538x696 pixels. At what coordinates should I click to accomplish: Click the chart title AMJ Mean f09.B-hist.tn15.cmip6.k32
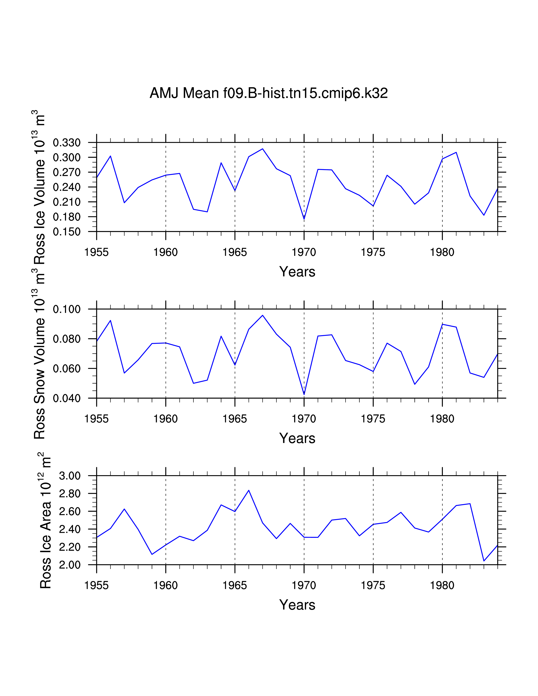[x=269, y=93]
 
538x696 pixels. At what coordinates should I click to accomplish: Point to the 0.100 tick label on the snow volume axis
[x=67, y=309]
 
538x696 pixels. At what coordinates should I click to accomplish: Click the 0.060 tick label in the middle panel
[x=67, y=369]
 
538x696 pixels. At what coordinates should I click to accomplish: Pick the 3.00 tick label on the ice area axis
[x=70, y=476]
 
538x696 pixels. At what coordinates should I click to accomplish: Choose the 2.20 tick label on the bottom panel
[x=70, y=547]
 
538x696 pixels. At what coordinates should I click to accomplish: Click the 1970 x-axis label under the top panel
[x=304, y=252]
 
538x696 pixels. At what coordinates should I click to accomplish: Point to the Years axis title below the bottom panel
[x=297, y=605]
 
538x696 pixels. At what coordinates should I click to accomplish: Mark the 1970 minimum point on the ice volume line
[x=304, y=219]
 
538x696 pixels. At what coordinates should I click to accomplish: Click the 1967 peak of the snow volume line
[x=263, y=316]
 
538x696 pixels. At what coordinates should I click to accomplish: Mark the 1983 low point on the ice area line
[x=484, y=561]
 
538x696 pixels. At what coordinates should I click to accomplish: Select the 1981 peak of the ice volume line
[x=456, y=152]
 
